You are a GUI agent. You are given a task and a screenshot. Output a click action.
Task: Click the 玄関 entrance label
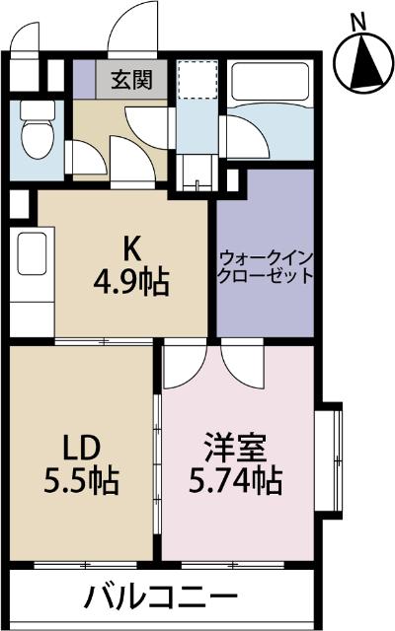click(131, 80)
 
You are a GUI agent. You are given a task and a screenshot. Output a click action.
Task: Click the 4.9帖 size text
click(131, 282)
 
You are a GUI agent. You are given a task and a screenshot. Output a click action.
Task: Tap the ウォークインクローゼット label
click(266, 267)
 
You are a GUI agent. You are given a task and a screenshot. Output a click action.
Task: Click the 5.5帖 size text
click(82, 480)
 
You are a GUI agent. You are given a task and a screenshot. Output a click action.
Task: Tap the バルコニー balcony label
click(161, 596)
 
